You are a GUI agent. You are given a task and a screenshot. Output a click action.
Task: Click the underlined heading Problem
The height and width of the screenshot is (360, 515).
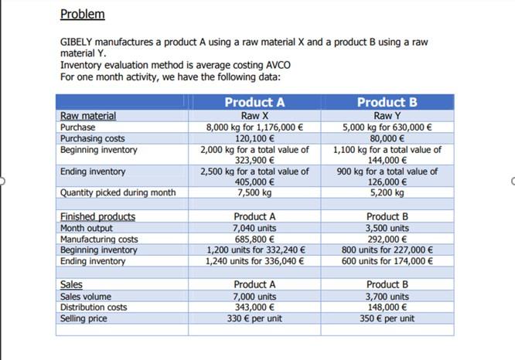82,15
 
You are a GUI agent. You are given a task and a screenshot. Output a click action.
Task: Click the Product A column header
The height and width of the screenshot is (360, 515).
254,102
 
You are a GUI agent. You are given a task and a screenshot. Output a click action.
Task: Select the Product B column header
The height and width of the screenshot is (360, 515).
387,102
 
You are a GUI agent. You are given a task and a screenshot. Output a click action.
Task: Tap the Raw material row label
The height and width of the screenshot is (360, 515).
88,116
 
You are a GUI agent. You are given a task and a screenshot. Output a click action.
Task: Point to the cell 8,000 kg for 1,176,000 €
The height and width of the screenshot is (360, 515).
254,127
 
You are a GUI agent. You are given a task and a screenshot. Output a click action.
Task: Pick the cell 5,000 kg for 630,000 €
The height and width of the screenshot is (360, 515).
387,127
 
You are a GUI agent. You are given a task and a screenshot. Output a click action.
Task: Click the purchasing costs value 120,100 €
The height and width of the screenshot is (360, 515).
254,138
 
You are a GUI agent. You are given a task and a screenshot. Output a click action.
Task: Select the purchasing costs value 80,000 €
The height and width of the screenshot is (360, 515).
387,138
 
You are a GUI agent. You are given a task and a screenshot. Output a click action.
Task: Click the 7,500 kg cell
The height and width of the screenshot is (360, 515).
254,192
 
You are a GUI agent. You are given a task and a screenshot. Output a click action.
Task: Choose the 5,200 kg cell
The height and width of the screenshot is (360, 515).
387,192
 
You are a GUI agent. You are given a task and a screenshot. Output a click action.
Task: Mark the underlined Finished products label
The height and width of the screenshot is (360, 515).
97,217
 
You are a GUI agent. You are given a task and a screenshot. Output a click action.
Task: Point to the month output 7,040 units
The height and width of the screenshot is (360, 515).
254,228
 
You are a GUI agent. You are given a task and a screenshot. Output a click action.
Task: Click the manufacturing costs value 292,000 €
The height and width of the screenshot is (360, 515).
387,239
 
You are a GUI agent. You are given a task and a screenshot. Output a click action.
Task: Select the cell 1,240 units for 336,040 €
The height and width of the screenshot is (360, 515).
254,261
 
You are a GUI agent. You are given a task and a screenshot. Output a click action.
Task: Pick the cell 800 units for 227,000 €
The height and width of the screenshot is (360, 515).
387,250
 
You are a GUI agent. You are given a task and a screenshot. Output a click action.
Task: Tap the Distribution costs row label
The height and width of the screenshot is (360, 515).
94,307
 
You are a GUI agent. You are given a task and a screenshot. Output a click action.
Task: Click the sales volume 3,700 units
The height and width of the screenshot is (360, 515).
387,297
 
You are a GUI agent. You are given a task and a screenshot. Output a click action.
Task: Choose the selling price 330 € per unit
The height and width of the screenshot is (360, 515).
254,318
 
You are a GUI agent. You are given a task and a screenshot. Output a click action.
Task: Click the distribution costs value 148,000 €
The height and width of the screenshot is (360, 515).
387,307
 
